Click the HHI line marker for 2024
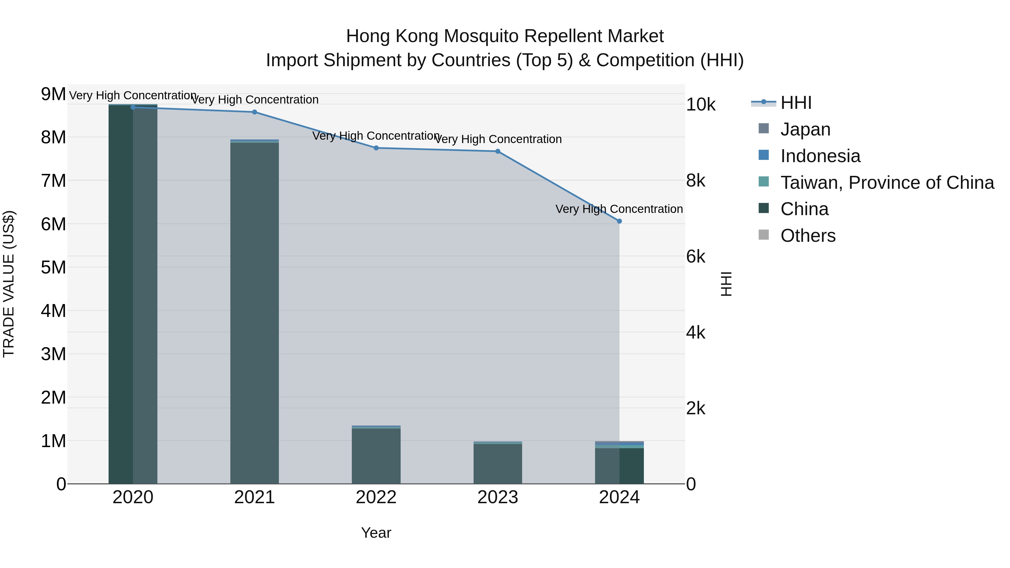[619, 221]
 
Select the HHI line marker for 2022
[376, 148]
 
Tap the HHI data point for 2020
[133, 107]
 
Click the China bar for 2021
[254, 314]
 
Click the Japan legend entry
[805, 129]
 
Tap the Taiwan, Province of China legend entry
[887, 183]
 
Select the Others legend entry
[808, 236]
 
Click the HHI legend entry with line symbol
[796, 103]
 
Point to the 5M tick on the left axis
[53, 267]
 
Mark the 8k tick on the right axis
[695, 181]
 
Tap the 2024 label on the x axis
[619, 497]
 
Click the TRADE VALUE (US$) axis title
[9, 284]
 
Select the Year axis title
[376, 533]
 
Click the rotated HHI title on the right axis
[726, 284]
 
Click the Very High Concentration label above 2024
[619, 209]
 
